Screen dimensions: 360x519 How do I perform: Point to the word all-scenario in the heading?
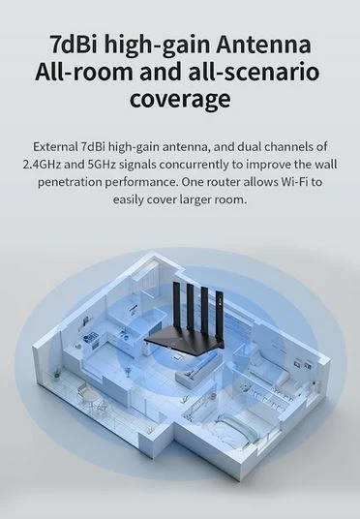250,72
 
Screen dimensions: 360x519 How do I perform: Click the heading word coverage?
180,100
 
